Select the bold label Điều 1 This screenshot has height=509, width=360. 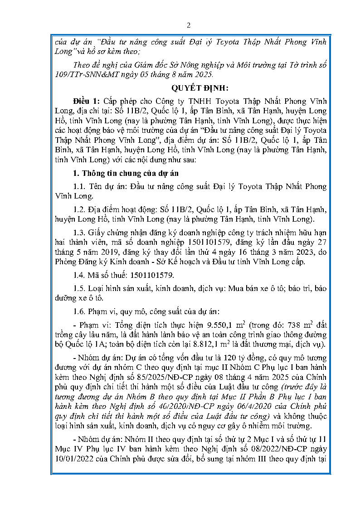click(87, 101)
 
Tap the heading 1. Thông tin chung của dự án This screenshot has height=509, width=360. click(126, 173)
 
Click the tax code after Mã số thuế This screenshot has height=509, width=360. click(152, 275)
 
